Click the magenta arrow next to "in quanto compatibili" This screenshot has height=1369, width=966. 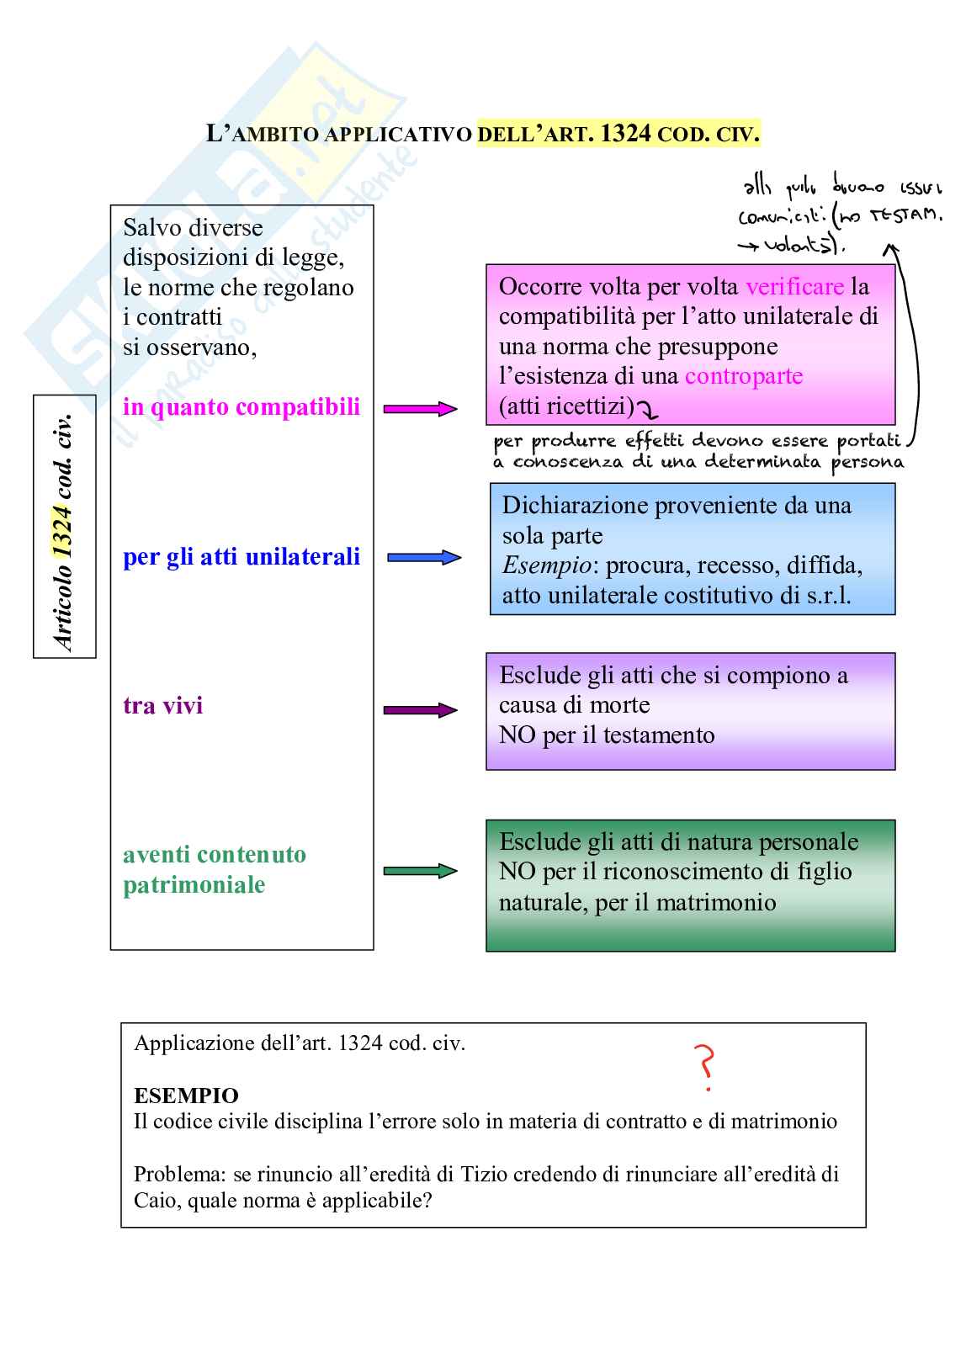pyautogui.click(x=420, y=409)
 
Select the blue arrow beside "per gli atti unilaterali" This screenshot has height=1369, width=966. pyautogui.click(x=424, y=557)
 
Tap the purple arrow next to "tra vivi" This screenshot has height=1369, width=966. pyautogui.click(x=420, y=710)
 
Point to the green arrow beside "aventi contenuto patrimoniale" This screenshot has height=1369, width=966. pyautogui.click(x=420, y=871)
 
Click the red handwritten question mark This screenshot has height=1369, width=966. pyautogui.click(x=705, y=1066)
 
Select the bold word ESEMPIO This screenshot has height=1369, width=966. pyautogui.click(x=186, y=1096)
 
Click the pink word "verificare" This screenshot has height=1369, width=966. pyautogui.click(x=794, y=287)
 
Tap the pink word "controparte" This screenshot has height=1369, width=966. pyautogui.click(x=744, y=376)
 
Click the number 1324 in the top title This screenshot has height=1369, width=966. pyautogui.click(x=625, y=134)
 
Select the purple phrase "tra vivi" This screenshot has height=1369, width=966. pyautogui.click(x=163, y=705)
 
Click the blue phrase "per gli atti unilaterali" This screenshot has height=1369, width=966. pyautogui.click(x=241, y=557)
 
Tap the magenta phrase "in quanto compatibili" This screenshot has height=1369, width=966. pyautogui.click(x=241, y=407)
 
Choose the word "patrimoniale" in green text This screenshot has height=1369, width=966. pyautogui.click(x=194, y=885)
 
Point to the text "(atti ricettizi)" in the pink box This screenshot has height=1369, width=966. pyautogui.click(x=566, y=406)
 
